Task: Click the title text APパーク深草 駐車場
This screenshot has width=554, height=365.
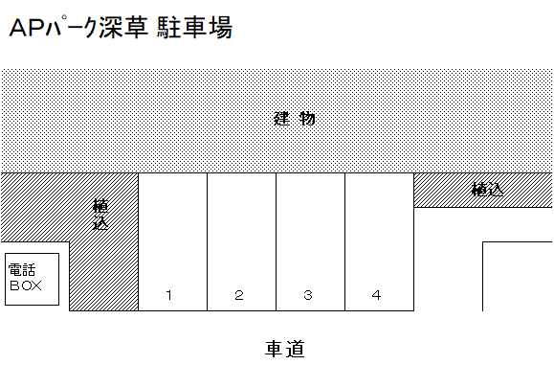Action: click(120, 30)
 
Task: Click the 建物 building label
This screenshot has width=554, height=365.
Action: click(294, 120)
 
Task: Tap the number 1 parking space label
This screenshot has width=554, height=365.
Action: click(168, 295)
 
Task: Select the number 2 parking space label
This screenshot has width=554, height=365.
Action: click(239, 295)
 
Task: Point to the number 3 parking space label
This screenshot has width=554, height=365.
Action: click(308, 295)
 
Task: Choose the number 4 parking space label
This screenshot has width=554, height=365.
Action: click(377, 295)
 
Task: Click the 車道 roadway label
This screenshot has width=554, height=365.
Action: click(284, 349)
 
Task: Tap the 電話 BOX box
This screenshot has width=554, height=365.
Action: click(33, 279)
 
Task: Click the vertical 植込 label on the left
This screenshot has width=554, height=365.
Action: click(100, 216)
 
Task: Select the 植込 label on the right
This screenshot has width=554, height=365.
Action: click(487, 190)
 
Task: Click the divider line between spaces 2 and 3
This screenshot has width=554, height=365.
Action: click(276, 240)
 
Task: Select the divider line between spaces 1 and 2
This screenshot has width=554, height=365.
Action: click(207, 240)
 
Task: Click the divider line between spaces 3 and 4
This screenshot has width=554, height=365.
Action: click(344, 240)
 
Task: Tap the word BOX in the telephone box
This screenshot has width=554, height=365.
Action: click(26, 285)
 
